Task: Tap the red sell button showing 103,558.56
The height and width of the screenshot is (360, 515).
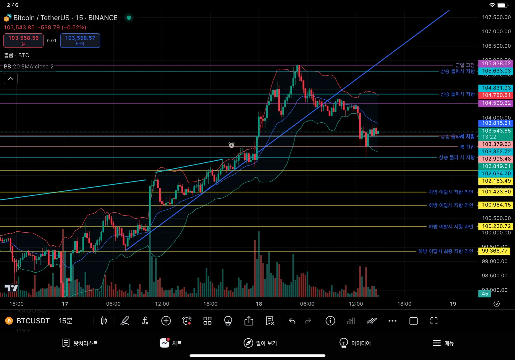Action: point(23,40)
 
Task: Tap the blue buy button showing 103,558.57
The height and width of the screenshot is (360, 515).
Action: point(80,40)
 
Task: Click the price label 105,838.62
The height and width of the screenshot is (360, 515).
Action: point(496,63)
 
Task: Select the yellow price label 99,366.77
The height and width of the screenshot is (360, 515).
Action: point(494,251)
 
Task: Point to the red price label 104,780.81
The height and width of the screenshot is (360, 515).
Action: point(496,95)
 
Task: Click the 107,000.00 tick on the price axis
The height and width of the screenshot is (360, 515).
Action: point(496,31)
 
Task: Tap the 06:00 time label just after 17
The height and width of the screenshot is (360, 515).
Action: point(113,304)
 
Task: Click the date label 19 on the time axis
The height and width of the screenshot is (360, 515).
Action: point(453,304)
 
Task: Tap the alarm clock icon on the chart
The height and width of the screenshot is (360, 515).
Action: point(232,145)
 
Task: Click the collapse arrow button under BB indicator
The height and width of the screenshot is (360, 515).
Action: point(11,79)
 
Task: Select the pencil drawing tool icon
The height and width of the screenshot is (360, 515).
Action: point(125,321)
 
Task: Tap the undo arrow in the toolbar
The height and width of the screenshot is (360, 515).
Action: point(292,321)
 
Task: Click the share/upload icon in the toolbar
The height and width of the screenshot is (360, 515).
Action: point(249,321)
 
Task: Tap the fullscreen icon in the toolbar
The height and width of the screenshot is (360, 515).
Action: point(434,321)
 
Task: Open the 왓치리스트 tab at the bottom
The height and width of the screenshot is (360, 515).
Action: point(80,343)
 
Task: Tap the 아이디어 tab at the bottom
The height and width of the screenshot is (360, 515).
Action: point(355,343)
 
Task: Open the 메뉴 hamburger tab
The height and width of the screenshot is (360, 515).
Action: point(443,343)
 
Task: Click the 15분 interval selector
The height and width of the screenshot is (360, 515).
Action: point(65,321)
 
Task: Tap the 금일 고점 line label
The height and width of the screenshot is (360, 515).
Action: point(465,65)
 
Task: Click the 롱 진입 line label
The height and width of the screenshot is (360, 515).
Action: point(467,147)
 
